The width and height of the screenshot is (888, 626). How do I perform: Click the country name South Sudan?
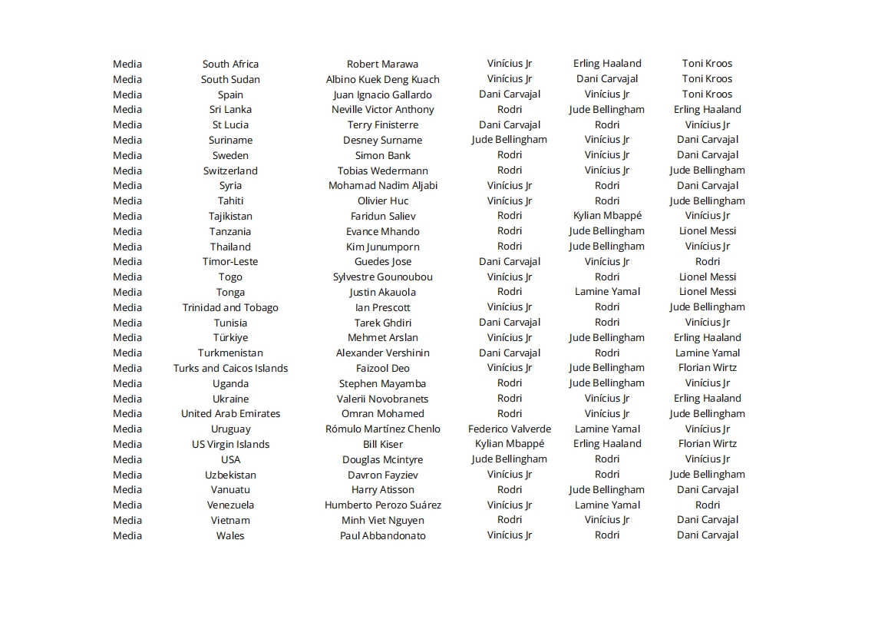click(230, 79)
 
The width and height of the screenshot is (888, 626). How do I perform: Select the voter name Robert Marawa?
click(382, 64)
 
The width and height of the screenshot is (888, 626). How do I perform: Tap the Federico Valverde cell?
click(509, 429)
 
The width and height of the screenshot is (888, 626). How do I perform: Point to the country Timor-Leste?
click(230, 261)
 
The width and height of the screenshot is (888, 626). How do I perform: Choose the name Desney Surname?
click(382, 140)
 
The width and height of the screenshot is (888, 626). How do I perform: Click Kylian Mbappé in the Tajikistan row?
click(606, 216)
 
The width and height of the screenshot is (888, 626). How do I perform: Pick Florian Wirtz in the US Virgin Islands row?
click(707, 444)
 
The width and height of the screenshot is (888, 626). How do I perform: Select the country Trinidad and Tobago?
click(230, 307)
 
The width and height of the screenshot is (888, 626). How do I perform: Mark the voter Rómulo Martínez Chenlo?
click(382, 429)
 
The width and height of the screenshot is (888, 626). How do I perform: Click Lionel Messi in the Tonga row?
click(707, 292)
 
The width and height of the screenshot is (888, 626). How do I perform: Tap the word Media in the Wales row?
click(127, 535)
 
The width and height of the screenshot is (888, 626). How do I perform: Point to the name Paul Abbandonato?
click(382, 535)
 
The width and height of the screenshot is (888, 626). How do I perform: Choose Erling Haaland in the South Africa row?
click(606, 64)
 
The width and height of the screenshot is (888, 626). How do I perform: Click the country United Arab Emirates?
click(230, 413)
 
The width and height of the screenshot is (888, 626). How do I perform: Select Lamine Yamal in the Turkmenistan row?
click(707, 353)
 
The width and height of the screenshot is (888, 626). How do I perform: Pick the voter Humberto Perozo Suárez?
click(382, 505)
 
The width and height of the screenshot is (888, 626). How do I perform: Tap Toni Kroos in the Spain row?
click(707, 94)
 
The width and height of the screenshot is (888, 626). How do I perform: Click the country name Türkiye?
click(230, 337)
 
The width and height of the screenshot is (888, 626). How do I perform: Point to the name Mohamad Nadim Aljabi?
click(382, 185)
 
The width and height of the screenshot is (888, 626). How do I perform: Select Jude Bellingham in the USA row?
click(509, 459)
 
